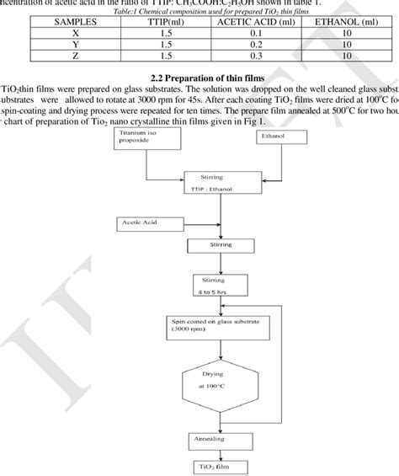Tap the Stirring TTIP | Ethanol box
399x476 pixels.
213,184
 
